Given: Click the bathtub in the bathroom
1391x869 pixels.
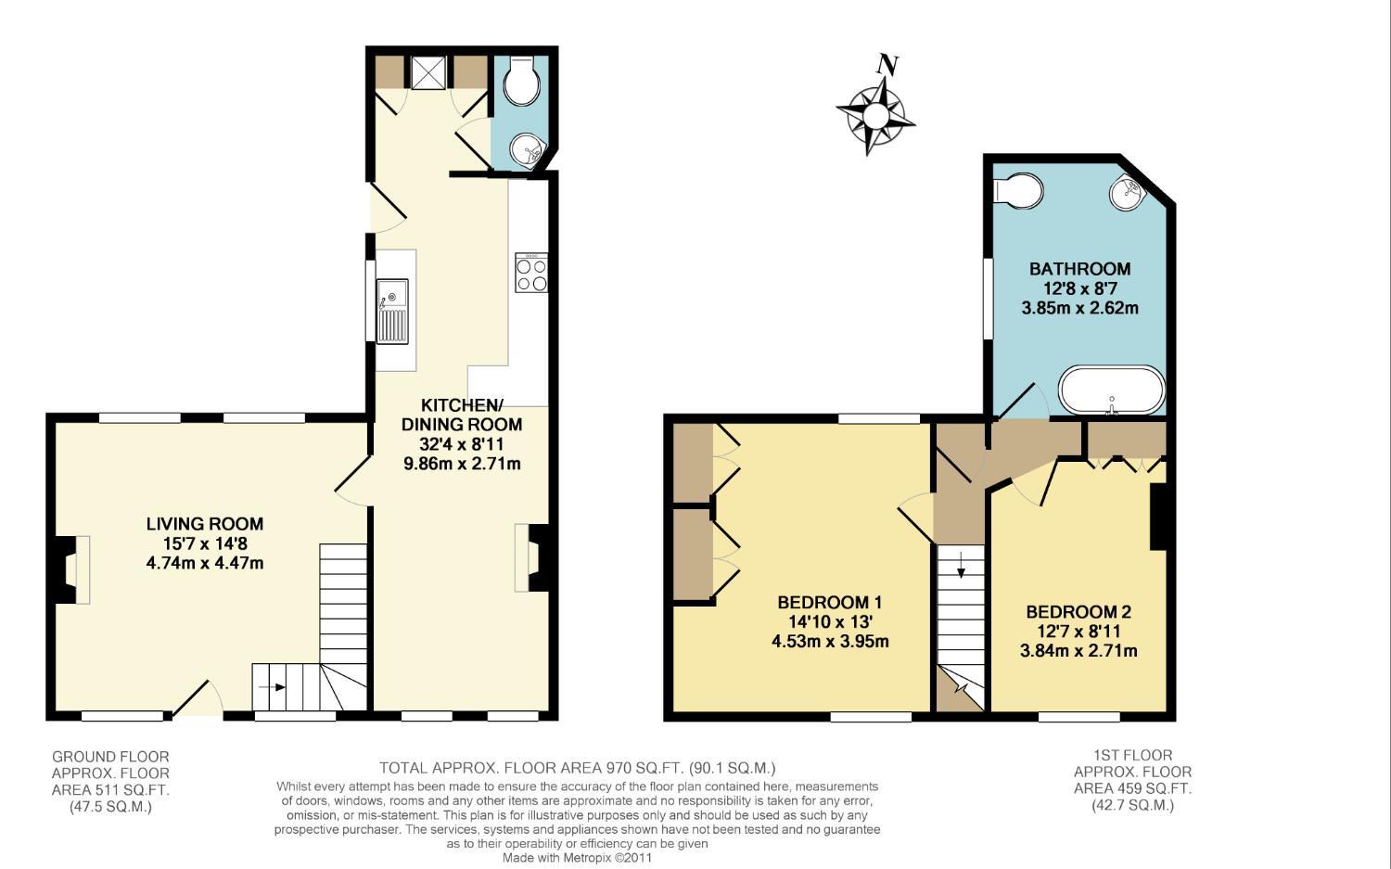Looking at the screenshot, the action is [x=1112, y=390].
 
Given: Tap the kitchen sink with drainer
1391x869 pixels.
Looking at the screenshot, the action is [x=392, y=312].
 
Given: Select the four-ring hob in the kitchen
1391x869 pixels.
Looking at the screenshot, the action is [x=531, y=273].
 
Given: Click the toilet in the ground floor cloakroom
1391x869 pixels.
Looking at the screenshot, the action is [x=520, y=81].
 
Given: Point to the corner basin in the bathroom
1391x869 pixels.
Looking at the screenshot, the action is [x=1126, y=190].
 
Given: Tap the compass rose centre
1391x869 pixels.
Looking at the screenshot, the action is [x=875, y=116].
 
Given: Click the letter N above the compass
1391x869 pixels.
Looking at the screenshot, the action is [x=888, y=65].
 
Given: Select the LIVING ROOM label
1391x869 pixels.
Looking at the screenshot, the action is [x=205, y=524].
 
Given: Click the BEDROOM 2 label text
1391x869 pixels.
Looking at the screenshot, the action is [x=1078, y=612].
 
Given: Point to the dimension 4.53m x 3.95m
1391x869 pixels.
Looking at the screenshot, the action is [x=830, y=641].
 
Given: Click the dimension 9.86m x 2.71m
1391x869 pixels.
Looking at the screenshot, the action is [x=462, y=464].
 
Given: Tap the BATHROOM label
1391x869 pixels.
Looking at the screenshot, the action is [x=1080, y=269].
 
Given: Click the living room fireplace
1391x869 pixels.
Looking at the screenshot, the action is [x=70, y=569].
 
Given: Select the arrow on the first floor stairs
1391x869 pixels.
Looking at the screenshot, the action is [x=961, y=565].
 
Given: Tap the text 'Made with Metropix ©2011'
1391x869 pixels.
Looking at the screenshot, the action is [x=577, y=858].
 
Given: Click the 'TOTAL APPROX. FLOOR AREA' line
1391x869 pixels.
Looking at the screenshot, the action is [x=578, y=768].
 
